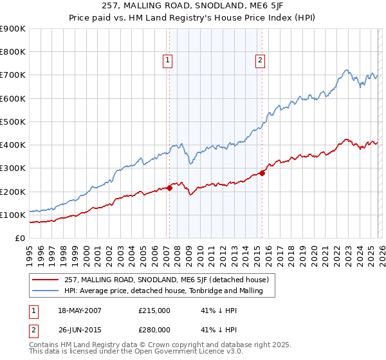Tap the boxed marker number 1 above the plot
coord(167,60)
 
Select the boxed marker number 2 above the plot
coord(260,60)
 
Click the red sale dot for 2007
coord(169,188)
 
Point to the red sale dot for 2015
coord(262,172)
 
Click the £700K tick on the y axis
coord(13,75)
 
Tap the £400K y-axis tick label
coord(13,145)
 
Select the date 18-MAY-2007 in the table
coord(78,310)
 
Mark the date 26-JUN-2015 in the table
coord(78,330)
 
